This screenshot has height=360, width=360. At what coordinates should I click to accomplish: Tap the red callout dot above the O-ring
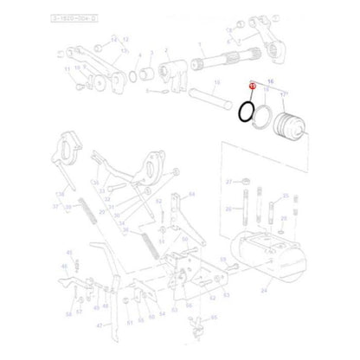click(251, 86)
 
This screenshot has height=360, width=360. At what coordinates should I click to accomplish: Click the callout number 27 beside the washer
click(228, 183)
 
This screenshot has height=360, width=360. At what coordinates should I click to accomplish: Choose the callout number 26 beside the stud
click(228, 209)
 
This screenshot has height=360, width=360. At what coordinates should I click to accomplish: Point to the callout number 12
click(125, 41)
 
